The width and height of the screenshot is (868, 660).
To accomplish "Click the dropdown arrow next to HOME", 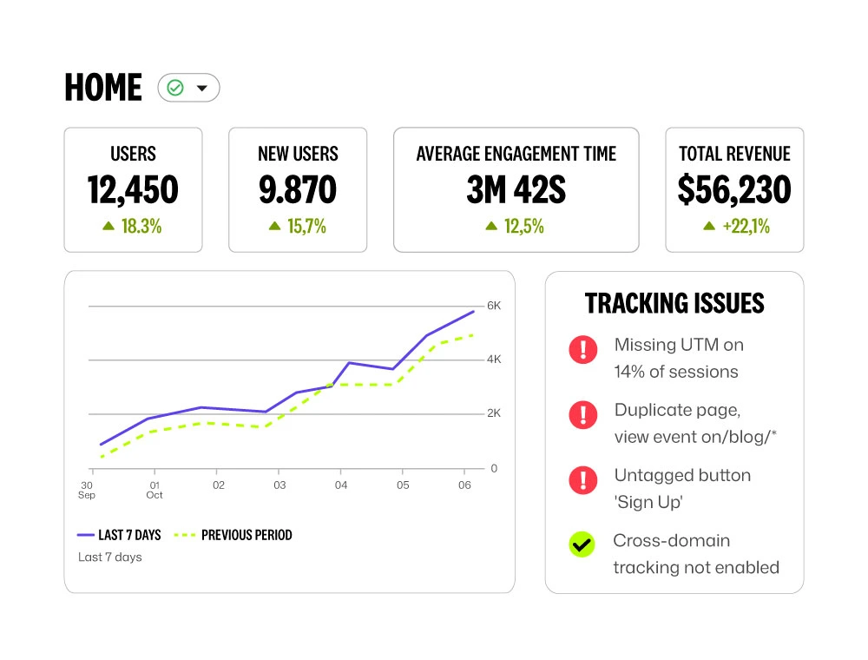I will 202,88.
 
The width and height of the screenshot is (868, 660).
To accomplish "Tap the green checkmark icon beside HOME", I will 175,88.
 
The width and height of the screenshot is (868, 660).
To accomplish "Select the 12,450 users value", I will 133,190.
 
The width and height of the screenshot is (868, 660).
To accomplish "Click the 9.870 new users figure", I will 298,190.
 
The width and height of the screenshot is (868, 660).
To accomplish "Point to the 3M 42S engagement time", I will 516,190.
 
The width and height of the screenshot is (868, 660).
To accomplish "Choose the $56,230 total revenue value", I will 734,190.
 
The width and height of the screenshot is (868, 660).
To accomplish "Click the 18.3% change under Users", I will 133,227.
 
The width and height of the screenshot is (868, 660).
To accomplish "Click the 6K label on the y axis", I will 494,307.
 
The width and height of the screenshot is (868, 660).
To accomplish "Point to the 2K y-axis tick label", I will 494,413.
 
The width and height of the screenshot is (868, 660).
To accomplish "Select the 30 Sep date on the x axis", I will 88,490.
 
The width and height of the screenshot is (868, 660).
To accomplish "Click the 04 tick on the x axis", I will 341,485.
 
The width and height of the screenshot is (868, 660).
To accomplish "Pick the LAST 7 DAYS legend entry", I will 119,536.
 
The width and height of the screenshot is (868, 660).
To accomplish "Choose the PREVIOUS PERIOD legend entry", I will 233,536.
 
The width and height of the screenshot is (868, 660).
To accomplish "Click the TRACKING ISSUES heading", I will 674,303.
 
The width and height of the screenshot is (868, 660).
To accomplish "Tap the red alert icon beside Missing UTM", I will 583,349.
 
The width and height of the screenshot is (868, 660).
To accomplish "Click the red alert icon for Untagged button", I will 583,479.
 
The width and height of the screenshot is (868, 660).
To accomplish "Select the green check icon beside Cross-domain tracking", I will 582,544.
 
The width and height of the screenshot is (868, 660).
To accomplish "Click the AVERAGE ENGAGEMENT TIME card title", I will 516,155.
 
